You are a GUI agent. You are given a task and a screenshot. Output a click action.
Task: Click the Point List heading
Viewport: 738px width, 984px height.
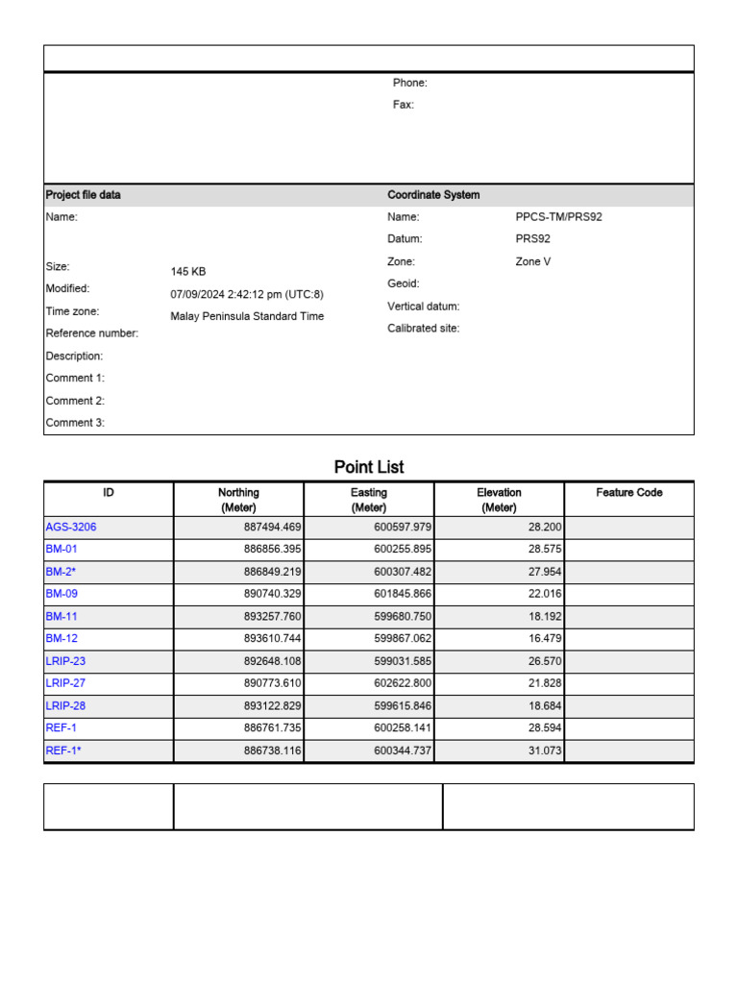(x=369, y=467)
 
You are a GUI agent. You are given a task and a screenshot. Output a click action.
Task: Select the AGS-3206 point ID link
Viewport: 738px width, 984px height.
(x=71, y=527)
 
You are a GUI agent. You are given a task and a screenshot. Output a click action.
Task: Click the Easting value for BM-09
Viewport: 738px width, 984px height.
(x=403, y=594)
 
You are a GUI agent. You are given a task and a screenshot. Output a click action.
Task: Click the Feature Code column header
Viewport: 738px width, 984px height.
(x=628, y=493)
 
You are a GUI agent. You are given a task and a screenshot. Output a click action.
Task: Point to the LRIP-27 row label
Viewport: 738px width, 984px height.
(x=65, y=683)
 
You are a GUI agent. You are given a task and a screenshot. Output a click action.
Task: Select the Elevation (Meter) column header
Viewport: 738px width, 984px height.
(x=499, y=500)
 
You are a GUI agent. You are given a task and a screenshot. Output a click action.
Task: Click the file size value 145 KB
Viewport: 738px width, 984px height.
(x=188, y=272)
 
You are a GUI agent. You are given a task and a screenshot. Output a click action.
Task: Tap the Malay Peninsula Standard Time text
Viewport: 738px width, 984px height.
(x=247, y=316)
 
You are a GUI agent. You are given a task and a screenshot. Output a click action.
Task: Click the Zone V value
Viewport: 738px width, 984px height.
(x=533, y=261)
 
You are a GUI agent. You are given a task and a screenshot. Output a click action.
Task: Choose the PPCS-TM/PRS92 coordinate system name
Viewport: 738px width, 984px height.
(x=558, y=217)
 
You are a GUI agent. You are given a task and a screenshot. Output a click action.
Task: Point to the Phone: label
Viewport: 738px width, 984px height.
(x=409, y=83)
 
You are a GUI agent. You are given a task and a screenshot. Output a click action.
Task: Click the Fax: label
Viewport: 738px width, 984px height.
(x=403, y=105)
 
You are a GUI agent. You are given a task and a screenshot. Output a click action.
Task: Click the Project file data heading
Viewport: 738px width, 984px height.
(x=84, y=195)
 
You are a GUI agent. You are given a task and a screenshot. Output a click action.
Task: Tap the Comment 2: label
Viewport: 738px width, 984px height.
(x=75, y=401)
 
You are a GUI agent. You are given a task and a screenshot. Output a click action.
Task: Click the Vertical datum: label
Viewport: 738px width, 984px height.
(x=423, y=307)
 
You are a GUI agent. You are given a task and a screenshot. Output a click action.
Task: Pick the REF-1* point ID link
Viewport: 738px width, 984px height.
(x=63, y=750)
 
